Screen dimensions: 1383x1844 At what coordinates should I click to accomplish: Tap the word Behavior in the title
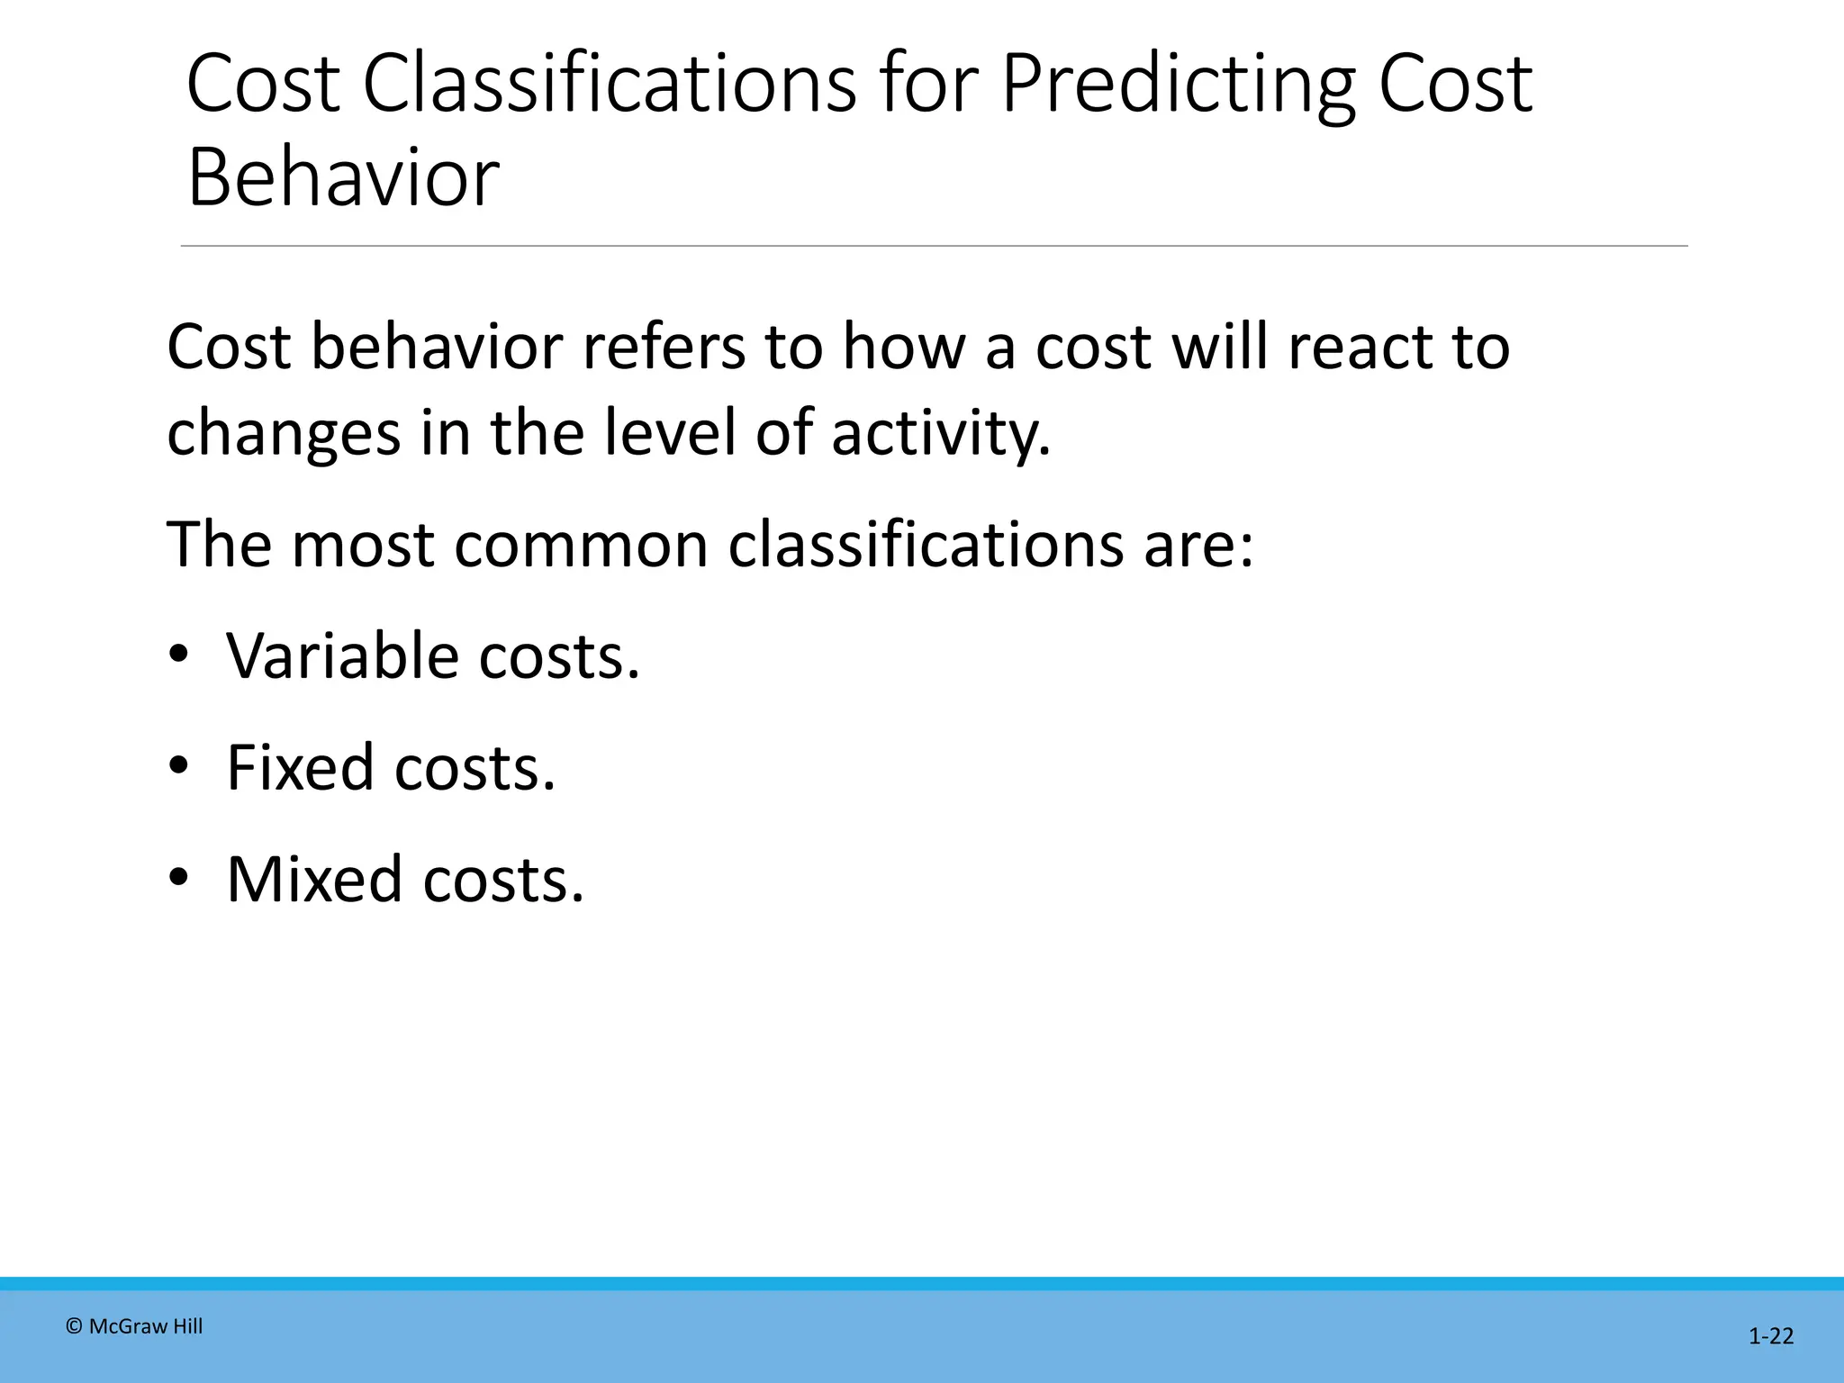[342, 177]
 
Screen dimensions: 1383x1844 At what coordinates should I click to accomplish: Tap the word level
[669, 432]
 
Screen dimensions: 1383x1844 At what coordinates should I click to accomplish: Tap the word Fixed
[300, 767]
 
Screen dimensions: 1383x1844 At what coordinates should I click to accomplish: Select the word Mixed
[314, 879]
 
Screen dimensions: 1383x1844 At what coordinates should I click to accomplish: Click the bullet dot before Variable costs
[178, 655]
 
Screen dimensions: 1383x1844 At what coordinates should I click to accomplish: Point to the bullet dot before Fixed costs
[178, 766]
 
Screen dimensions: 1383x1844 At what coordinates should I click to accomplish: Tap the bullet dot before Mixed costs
[178, 878]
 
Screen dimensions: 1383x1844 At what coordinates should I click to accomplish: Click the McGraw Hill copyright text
[135, 1326]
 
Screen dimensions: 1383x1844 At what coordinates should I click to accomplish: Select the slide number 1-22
[1770, 1336]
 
